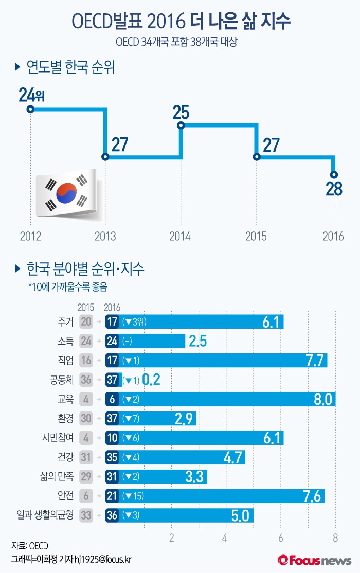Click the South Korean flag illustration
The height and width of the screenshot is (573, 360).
67,193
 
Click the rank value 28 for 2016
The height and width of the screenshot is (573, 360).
334,189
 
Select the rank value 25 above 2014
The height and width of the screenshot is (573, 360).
181,113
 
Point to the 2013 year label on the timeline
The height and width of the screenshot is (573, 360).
105,236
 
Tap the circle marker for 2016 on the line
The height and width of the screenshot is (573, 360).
334,174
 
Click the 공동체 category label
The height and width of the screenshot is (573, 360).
62,380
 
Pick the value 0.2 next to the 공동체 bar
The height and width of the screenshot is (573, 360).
152,380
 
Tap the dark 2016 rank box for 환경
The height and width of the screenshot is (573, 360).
112,418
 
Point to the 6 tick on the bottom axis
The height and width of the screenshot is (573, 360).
280,538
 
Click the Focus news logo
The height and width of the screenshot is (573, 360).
314,560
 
